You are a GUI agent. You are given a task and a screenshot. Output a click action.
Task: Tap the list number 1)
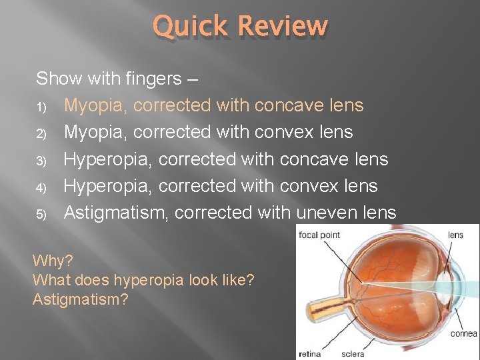[x=41, y=107]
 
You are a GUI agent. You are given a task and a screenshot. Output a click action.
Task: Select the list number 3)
[x=41, y=161]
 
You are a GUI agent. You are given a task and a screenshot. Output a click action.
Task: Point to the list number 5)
[x=41, y=214]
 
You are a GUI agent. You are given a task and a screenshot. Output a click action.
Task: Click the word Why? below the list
[x=53, y=259]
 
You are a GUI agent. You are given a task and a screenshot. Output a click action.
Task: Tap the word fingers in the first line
[x=152, y=79]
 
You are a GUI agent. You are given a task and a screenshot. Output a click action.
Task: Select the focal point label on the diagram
[x=319, y=235]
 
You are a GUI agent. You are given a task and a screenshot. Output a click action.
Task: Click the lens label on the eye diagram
[x=455, y=235]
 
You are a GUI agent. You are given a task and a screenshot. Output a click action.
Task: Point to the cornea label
[x=464, y=333]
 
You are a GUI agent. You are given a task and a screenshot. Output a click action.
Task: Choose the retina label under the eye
[x=309, y=354]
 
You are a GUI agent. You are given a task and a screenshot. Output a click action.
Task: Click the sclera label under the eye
[x=353, y=354]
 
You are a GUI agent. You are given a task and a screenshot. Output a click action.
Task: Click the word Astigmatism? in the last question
[x=81, y=300]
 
